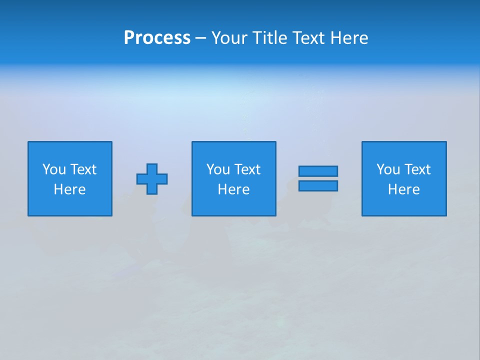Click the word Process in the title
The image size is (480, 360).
tap(157, 38)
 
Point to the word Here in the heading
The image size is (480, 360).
tap(349, 38)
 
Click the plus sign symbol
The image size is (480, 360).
tap(152, 178)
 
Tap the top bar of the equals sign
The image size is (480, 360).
tap(318, 171)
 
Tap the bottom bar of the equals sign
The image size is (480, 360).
tap(318, 185)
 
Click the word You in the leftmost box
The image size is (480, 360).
tap(54, 169)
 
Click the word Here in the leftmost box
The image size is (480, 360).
tap(70, 189)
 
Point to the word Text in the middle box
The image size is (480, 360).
tap(247, 169)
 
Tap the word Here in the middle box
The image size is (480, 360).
tap(234, 189)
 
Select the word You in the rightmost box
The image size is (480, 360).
tap(388, 169)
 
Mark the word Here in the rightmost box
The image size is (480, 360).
tap(404, 189)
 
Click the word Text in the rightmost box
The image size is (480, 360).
tap(417, 169)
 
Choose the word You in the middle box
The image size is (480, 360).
tap(218, 169)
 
